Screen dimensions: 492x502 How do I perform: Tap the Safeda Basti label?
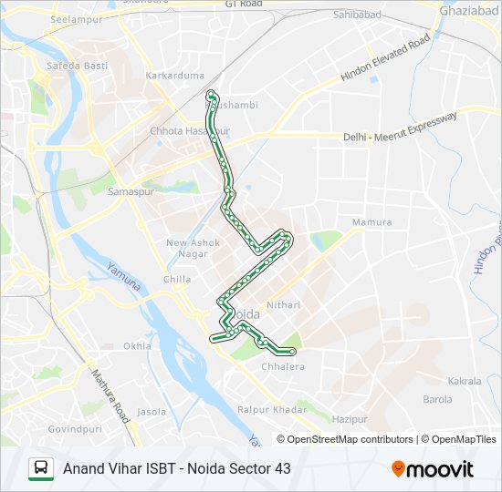tap(78, 67)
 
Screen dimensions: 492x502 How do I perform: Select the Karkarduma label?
tap(174, 76)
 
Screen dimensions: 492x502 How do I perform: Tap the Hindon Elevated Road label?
tap(384, 60)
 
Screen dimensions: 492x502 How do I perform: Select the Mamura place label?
tap(371, 222)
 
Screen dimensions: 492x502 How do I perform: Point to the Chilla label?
tap(177, 280)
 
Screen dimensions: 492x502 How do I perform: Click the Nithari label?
tap(284, 305)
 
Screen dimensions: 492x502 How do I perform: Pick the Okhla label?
tap(137, 346)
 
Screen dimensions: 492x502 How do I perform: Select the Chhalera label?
tap(283, 367)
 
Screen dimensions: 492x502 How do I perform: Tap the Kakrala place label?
tap(465, 381)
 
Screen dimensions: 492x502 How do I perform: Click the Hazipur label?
tap(349, 419)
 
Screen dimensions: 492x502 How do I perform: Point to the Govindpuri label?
tap(76, 428)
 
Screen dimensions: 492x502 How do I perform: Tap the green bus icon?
tap(41, 469)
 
